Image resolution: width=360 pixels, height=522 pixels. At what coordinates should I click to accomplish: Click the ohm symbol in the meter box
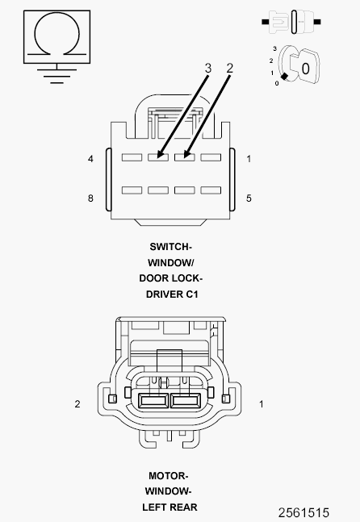click(57, 14)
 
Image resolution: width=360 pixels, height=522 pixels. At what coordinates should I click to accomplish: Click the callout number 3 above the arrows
click(207, 69)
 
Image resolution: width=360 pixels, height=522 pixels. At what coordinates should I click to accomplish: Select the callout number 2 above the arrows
click(230, 69)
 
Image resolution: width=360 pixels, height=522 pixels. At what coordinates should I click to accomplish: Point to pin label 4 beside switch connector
click(90, 159)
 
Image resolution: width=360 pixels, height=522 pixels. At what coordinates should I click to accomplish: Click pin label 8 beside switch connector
click(90, 198)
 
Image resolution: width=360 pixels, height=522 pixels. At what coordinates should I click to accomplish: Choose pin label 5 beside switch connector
click(249, 198)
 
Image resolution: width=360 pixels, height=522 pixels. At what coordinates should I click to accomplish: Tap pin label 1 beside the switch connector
click(249, 159)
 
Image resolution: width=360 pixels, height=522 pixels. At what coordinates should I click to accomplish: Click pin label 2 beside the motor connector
click(77, 404)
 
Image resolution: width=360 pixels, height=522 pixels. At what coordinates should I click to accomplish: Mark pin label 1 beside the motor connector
click(262, 404)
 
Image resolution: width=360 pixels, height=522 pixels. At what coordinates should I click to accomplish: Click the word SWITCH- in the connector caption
click(171, 247)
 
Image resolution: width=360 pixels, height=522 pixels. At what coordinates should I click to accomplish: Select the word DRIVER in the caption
click(163, 294)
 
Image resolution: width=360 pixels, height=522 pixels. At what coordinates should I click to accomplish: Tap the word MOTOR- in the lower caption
click(169, 476)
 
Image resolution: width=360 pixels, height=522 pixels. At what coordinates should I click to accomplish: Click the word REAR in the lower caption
click(185, 507)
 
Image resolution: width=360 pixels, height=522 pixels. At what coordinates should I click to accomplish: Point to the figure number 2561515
click(303, 512)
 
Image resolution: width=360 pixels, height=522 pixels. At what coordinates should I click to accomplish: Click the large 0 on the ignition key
click(305, 69)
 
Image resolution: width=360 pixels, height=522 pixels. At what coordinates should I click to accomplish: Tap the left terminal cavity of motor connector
click(153, 401)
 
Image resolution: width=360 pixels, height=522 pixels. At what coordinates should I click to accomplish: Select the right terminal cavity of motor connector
click(186, 401)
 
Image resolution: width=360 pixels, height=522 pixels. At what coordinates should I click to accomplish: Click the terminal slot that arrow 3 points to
click(158, 157)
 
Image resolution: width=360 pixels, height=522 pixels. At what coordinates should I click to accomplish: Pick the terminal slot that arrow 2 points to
click(185, 157)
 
